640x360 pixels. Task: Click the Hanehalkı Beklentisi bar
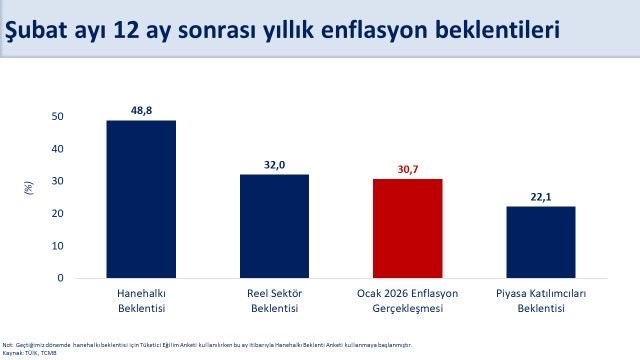tap(141, 199)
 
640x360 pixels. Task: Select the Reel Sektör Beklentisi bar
tap(274, 226)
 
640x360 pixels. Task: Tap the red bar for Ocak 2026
tap(407, 228)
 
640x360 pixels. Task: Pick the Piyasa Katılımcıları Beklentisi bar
tap(540, 242)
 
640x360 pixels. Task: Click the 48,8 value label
tap(141, 109)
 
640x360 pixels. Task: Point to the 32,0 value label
tap(274, 164)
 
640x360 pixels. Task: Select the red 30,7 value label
tap(407, 168)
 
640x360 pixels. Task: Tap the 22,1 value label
tap(540, 196)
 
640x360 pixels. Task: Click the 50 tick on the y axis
tap(57, 117)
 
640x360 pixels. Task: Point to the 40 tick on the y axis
tap(57, 149)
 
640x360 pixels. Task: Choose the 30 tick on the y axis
tap(57, 181)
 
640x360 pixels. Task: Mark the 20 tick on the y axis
tap(57, 214)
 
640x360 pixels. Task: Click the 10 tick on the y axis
tap(57, 246)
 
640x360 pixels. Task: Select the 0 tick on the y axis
tap(60, 278)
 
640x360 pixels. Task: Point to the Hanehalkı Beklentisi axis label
tap(141, 301)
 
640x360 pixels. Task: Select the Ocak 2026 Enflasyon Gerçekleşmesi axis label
tap(407, 301)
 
